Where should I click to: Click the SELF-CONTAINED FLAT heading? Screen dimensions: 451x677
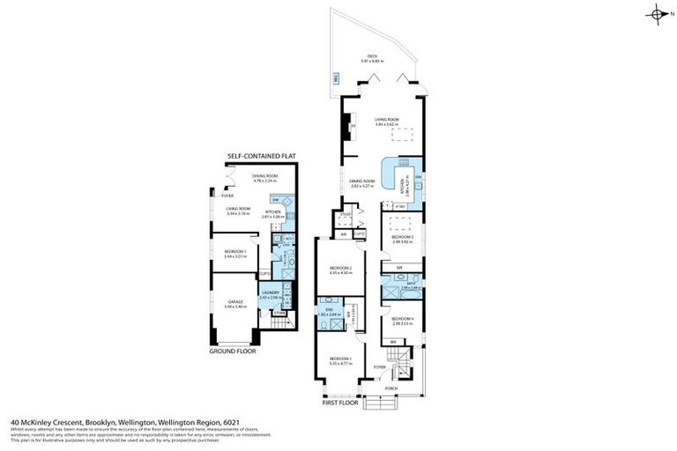(262, 156)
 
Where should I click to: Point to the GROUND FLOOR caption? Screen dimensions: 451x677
(232, 351)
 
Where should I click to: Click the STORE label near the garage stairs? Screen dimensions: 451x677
(279, 312)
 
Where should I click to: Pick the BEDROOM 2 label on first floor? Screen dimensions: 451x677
(340, 268)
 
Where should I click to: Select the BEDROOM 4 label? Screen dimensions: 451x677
(403, 319)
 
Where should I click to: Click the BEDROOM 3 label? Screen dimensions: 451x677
(403, 237)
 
